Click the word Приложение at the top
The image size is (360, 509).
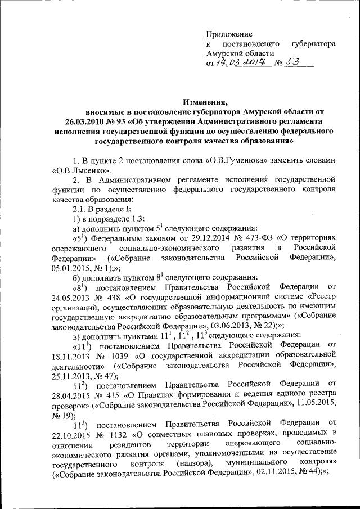tap(229, 34)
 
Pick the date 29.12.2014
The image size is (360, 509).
tap(201, 237)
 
